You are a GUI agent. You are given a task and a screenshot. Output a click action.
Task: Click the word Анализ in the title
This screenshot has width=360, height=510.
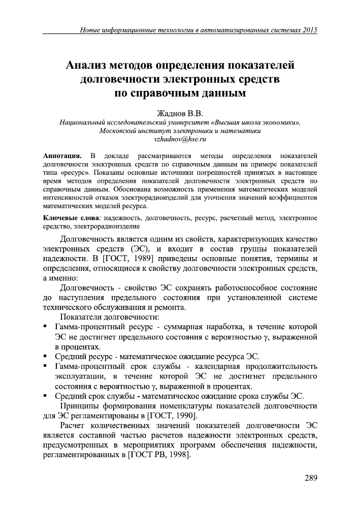(91, 66)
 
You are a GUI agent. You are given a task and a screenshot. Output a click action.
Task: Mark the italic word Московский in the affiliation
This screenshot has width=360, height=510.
(120, 130)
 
